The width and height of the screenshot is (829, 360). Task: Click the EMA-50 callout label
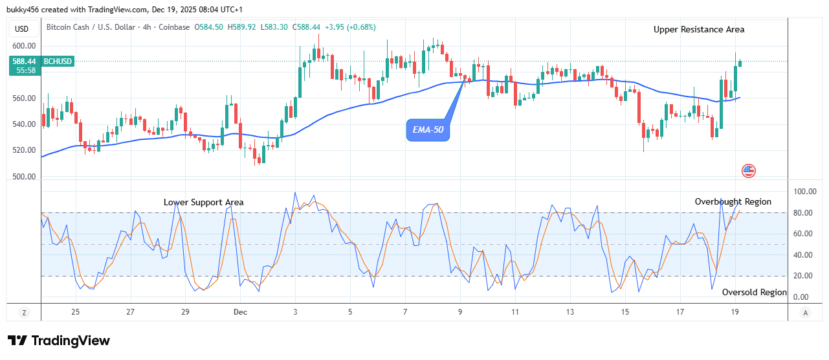point(429,131)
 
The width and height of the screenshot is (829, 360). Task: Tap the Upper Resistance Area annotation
point(698,30)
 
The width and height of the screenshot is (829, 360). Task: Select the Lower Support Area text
point(203,203)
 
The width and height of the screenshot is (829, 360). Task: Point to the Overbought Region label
point(733,202)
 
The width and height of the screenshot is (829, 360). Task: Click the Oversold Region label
point(754,293)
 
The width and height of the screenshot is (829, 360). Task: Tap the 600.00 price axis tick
point(23,47)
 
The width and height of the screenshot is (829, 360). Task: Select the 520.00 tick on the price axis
point(23,150)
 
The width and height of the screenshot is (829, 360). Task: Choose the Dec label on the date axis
point(240,312)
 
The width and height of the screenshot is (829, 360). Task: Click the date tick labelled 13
point(569,312)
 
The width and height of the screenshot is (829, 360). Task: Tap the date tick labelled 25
point(76,312)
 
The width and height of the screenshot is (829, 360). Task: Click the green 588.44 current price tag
point(23,62)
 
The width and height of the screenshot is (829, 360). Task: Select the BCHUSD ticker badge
point(58,62)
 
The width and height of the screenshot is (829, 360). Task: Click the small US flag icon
point(748,171)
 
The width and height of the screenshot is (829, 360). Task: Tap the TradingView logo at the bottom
point(59,341)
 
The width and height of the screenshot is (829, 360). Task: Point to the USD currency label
point(22,28)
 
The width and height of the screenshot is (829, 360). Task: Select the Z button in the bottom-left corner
point(24,313)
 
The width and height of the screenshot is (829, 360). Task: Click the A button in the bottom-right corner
point(805,313)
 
